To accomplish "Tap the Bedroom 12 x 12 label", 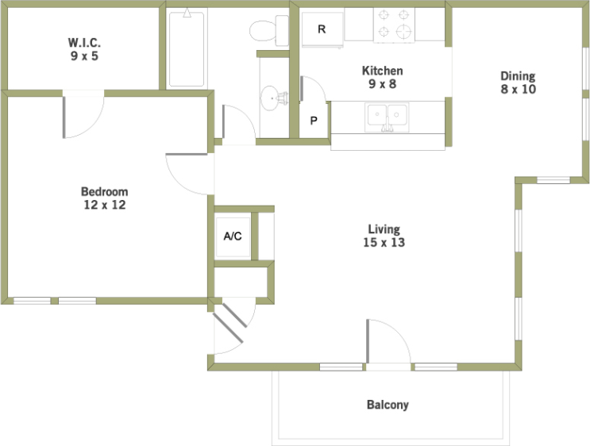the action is [105, 198].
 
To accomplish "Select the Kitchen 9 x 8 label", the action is [382, 77].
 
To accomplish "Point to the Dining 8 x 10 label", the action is [518, 83].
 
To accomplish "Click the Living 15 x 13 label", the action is [384, 236].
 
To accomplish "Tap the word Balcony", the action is [388, 405].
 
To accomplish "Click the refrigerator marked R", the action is [322, 29].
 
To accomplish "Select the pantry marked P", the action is [314, 121].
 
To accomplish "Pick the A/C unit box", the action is [233, 237].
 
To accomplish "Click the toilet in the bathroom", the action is [268, 30].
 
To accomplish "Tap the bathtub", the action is [187, 49].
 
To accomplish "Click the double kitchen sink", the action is [387, 117].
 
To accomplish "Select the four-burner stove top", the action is [394, 25].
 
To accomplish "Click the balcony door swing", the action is [388, 341].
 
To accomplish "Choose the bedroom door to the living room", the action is [187, 174].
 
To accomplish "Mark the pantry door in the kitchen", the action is [313, 89].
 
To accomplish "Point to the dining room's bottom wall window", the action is [553, 180].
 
